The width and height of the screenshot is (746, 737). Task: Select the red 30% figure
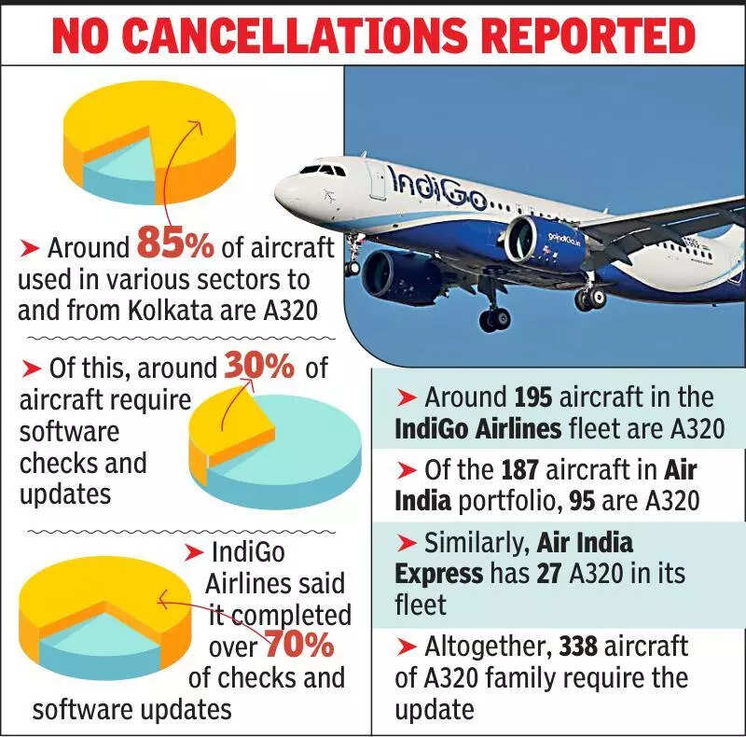(258, 367)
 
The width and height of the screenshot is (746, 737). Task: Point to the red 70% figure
(300, 645)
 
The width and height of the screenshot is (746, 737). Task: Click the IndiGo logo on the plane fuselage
(437, 186)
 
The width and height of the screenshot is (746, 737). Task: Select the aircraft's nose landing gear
(353, 263)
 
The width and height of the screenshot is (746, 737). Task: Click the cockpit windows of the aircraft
(322, 170)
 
